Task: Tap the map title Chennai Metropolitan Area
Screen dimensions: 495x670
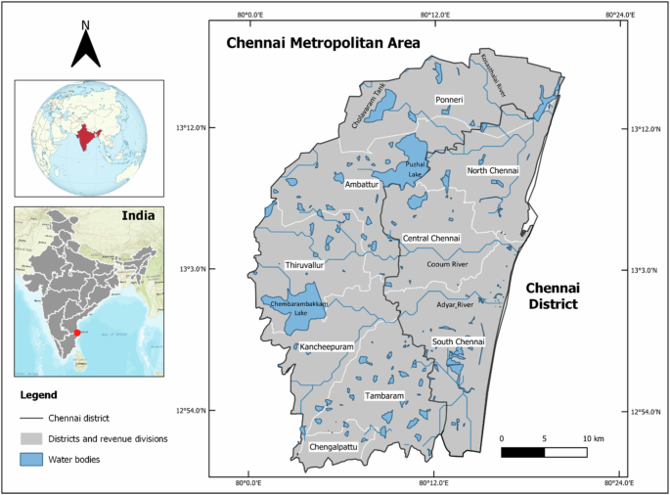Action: click(x=323, y=43)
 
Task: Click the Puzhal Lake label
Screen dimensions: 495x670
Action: click(x=414, y=169)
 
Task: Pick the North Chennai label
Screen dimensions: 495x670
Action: click(x=492, y=171)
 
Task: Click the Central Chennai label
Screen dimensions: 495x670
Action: click(x=430, y=238)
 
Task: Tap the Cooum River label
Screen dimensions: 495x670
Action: click(x=449, y=263)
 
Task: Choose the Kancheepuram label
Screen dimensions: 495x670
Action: click(x=327, y=347)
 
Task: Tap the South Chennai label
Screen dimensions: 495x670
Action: click(x=458, y=341)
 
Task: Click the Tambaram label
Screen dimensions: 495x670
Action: click(x=384, y=396)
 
